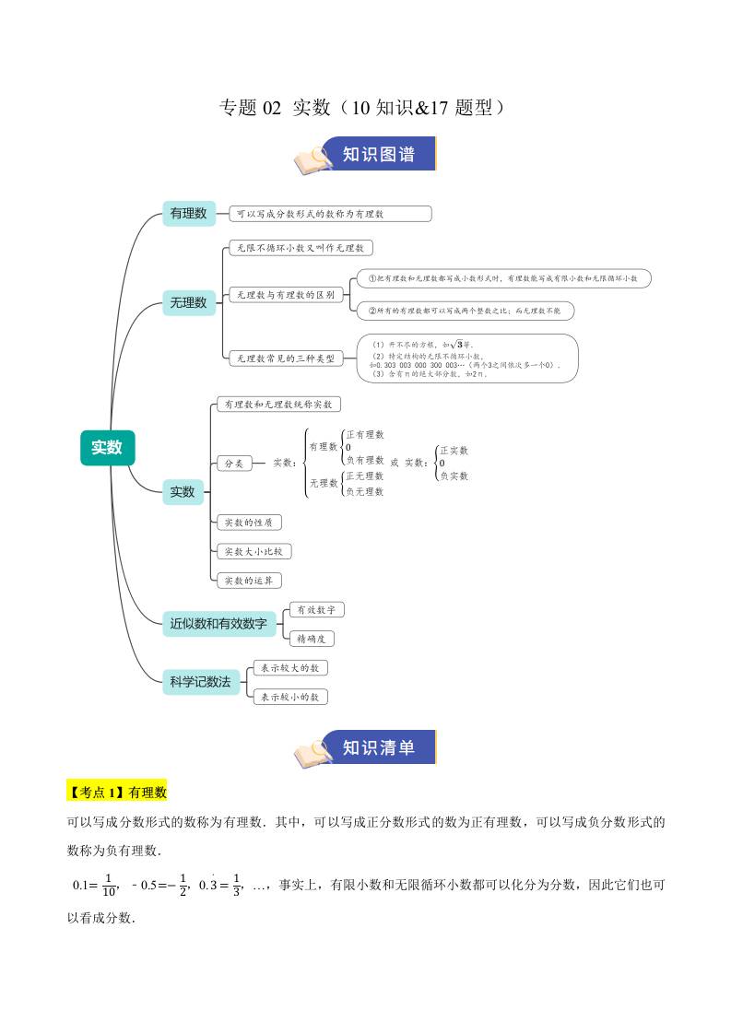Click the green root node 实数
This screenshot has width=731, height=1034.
(107, 448)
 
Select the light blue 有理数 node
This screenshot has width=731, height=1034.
(188, 213)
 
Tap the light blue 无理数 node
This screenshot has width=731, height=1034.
(188, 301)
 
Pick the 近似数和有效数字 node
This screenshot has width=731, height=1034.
(218, 624)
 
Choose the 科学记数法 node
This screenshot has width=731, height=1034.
(200, 682)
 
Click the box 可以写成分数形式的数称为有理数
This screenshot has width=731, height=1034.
(329, 214)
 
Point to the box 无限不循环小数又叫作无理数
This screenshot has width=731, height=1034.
(300, 248)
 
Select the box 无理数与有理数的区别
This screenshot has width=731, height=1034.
(285, 295)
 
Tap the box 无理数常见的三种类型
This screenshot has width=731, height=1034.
(285, 358)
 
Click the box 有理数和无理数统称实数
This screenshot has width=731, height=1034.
(278, 405)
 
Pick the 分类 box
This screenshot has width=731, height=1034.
(234, 464)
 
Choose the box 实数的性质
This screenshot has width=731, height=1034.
(248, 523)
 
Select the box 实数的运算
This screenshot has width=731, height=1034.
(248, 581)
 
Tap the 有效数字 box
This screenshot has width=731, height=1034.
(316, 609)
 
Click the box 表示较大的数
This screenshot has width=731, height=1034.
(289, 668)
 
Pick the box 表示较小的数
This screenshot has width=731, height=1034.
(289, 698)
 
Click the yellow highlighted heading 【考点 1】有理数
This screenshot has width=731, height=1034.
(116, 792)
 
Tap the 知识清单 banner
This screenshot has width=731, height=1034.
(378, 747)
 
